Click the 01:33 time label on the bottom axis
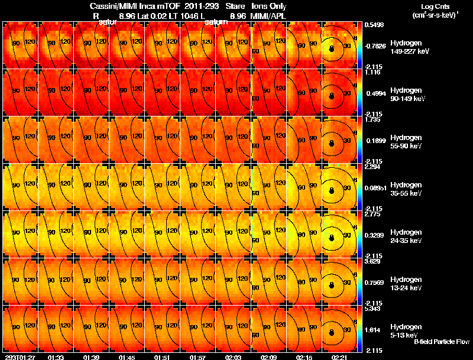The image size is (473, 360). [x=56, y=357]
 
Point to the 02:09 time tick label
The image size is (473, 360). [x=269, y=357]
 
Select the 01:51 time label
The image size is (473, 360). [x=163, y=357]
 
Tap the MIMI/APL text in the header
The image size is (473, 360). [x=269, y=16]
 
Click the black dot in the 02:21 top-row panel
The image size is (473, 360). [x=332, y=49]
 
